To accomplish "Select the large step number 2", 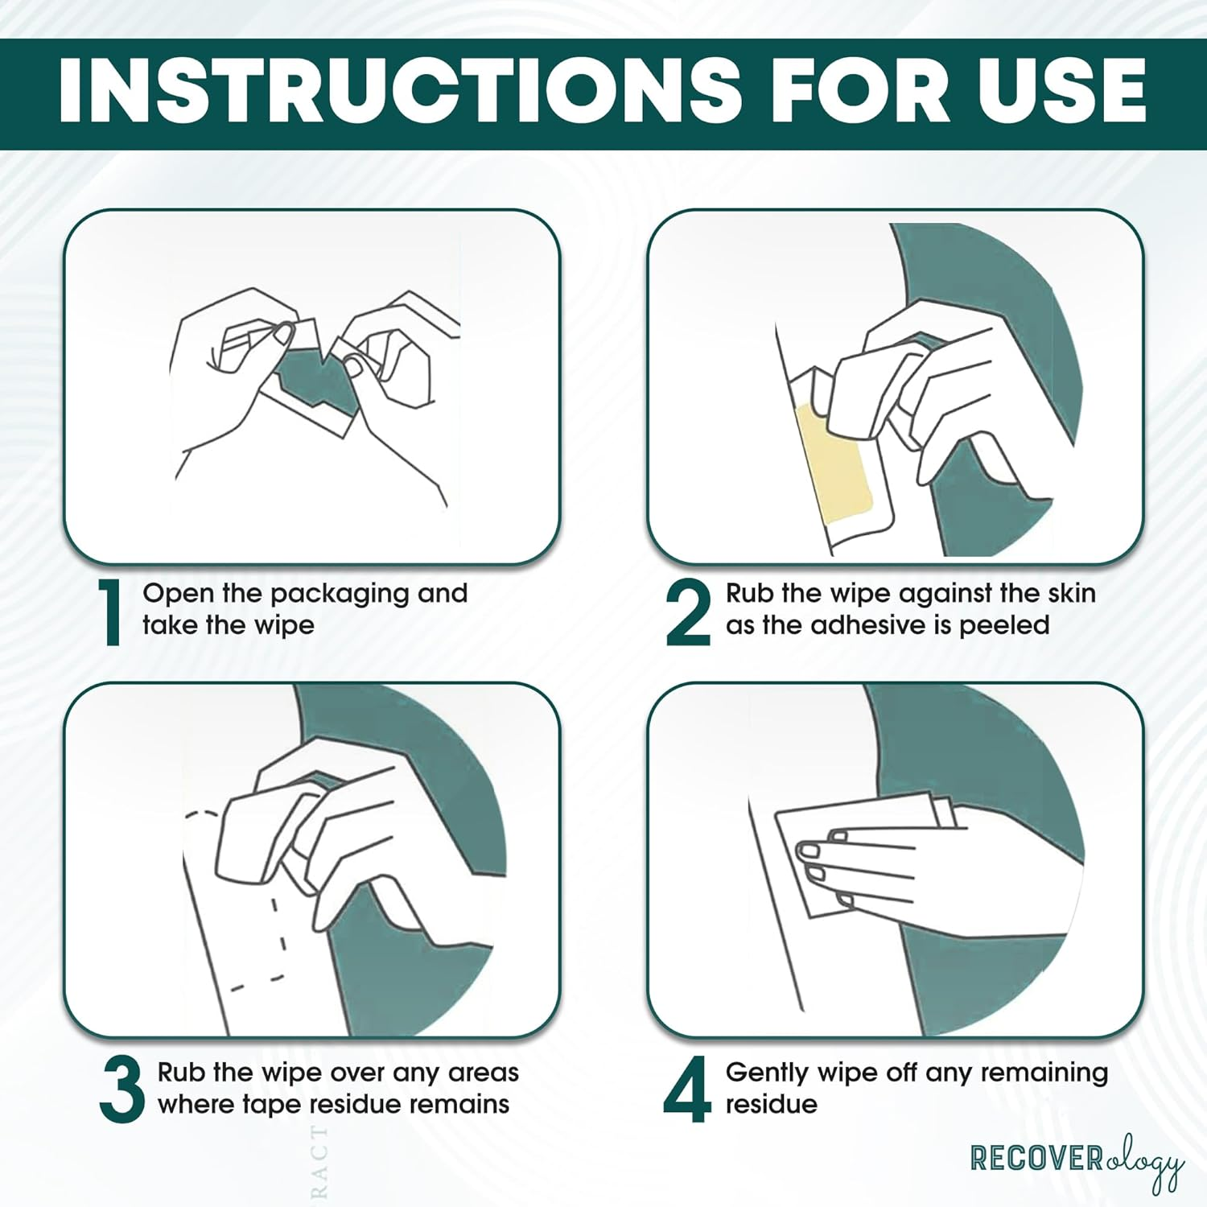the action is click(688, 612).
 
